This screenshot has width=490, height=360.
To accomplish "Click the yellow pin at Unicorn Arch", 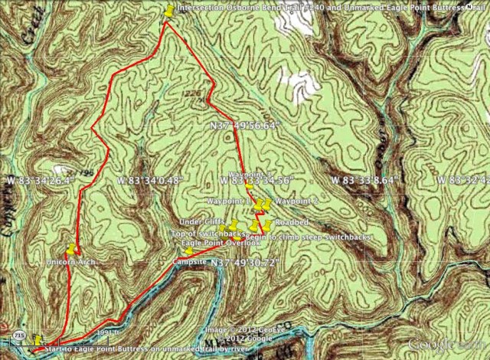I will coord(71,248).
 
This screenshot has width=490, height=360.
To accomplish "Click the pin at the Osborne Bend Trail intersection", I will coord(168,10).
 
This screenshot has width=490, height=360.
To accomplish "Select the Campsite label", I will coord(188,260).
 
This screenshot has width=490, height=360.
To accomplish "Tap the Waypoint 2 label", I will coord(296,201).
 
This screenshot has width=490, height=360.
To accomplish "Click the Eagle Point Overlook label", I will coord(210,242).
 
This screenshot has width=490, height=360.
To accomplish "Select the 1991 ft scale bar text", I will coord(109,332).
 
